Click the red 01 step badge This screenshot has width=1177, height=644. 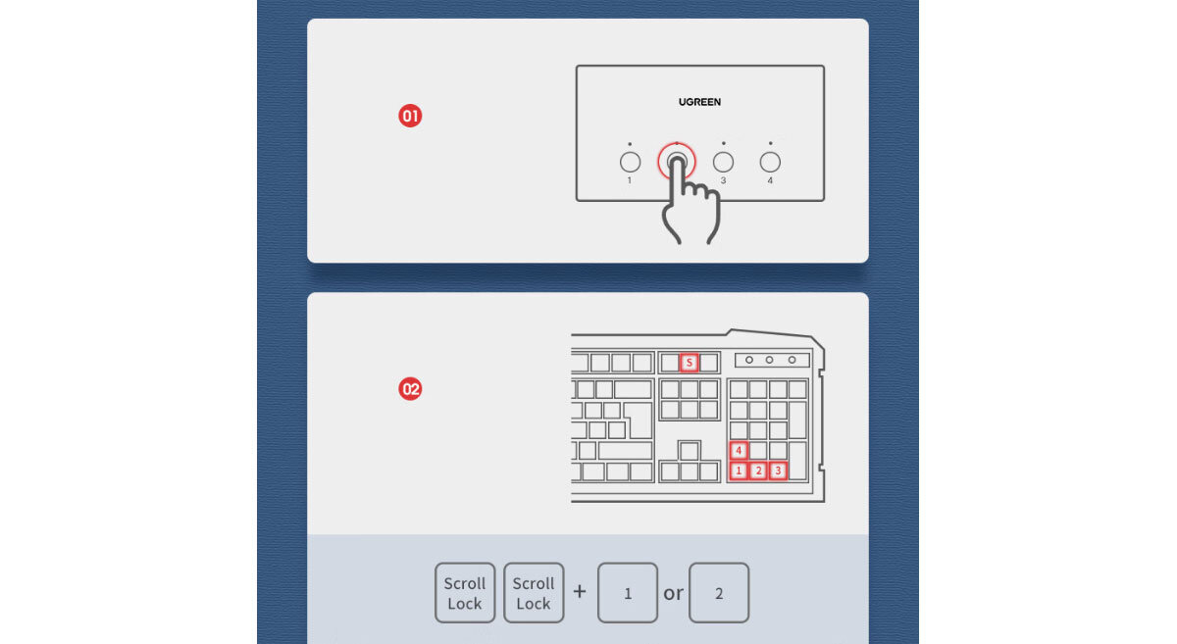click(x=410, y=116)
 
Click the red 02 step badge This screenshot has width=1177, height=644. click(x=410, y=389)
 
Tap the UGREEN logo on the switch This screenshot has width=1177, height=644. click(x=699, y=102)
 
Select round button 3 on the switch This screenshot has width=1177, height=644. click(x=723, y=162)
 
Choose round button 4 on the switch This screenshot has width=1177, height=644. click(x=770, y=162)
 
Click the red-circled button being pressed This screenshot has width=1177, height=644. click(x=677, y=161)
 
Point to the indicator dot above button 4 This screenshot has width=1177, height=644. click(x=770, y=143)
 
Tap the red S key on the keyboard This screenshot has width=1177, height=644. click(x=690, y=362)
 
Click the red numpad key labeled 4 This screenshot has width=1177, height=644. click(x=739, y=450)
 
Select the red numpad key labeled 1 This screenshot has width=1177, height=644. click(x=739, y=471)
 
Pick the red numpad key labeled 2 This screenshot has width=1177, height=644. click(x=758, y=471)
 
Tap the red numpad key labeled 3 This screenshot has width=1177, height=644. click(x=778, y=471)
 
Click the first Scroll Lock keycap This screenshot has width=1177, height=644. click(x=465, y=592)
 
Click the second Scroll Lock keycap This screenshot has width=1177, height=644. click(x=534, y=592)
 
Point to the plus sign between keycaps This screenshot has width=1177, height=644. click(x=580, y=591)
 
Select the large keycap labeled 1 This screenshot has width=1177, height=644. click(x=628, y=592)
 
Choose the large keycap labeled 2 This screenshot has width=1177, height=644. click(x=719, y=592)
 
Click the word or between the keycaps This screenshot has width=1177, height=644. click(x=673, y=594)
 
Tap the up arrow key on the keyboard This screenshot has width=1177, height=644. click(x=689, y=450)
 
